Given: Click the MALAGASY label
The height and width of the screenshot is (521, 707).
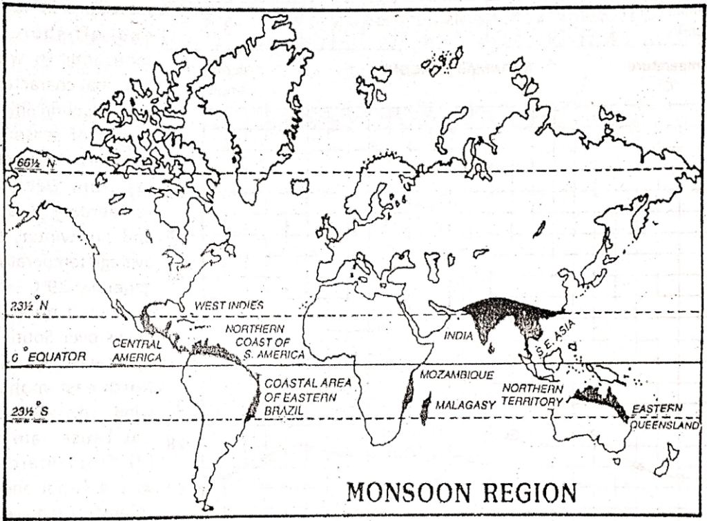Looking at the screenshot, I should coord(464,405).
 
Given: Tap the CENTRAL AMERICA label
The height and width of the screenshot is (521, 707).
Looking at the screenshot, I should coord(137,350).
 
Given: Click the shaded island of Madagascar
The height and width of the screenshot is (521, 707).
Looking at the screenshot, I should coord(425,410).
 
